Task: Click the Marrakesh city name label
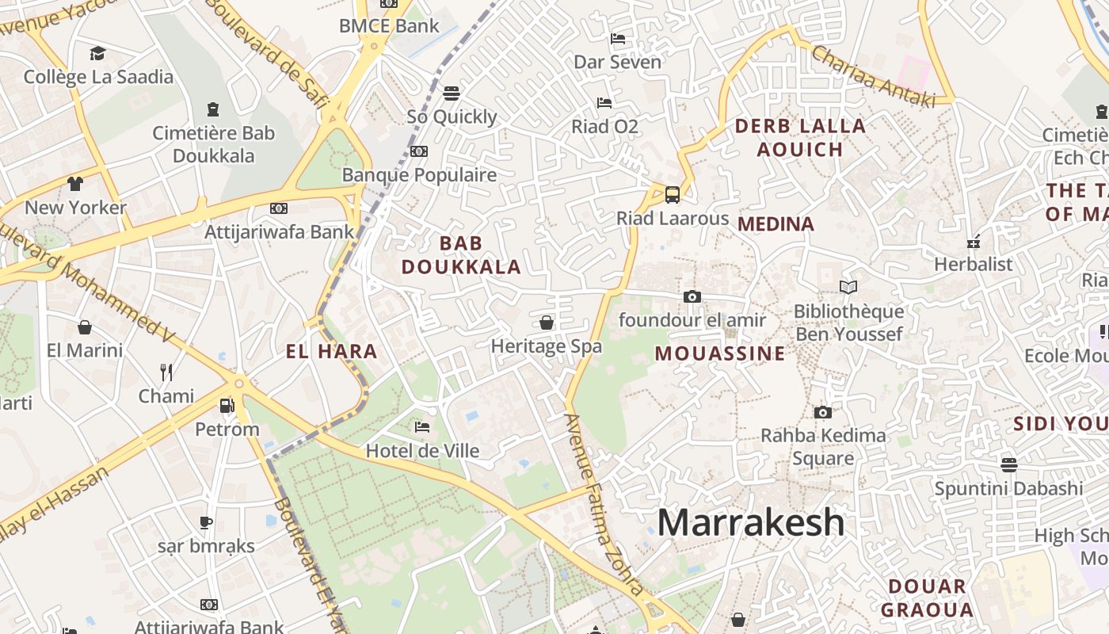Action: (x=751, y=522)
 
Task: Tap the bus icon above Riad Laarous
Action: (x=672, y=194)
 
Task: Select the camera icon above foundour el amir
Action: (x=692, y=296)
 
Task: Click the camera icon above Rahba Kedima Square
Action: (x=823, y=412)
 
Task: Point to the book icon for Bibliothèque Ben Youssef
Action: (x=848, y=288)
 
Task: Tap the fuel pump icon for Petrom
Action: (x=227, y=406)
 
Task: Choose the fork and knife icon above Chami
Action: (x=166, y=372)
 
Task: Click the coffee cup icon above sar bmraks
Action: (x=205, y=522)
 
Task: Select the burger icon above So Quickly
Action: (x=452, y=94)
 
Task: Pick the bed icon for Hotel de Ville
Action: (x=422, y=427)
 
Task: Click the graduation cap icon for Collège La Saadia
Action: (x=97, y=53)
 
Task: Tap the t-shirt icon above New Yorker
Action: (x=75, y=184)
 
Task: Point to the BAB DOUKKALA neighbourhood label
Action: (x=461, y=254)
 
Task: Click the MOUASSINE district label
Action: (x=720, y=353)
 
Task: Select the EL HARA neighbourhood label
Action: (x=331, y=351)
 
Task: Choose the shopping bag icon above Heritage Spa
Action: (x=546, y=323)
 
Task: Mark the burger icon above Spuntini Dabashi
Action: (x=1008, y=464)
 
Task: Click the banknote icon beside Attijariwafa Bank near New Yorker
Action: (x=278, y=208)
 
